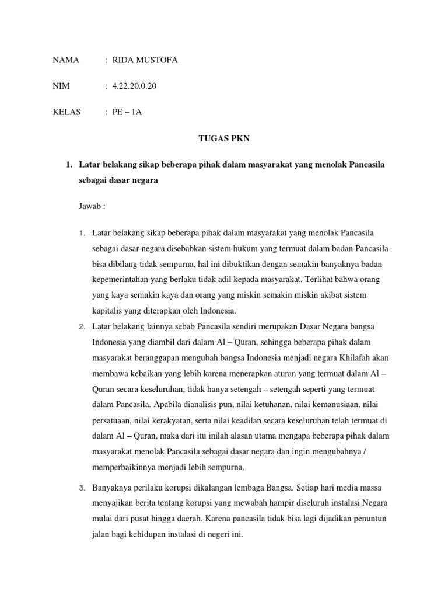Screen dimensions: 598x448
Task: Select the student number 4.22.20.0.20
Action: [x=134, y=86]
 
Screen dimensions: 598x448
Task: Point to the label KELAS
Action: [x=67, y=112]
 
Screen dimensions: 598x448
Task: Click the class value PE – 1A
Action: [x=127, y=112]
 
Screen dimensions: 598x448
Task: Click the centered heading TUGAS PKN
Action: [x=223, y=139]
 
